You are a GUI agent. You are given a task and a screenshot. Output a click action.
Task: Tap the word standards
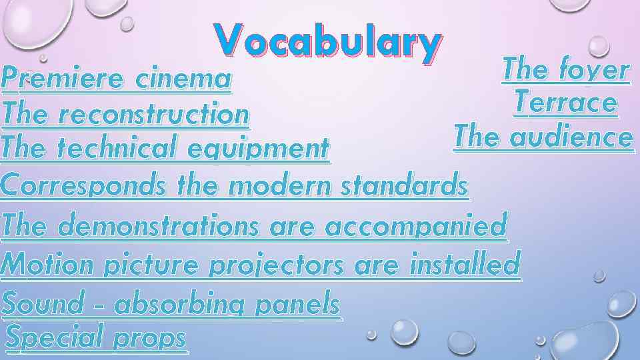403,185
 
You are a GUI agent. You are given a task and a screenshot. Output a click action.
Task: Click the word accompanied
415,227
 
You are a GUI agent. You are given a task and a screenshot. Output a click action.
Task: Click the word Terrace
565,103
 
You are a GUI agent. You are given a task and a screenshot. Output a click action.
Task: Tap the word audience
570,138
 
